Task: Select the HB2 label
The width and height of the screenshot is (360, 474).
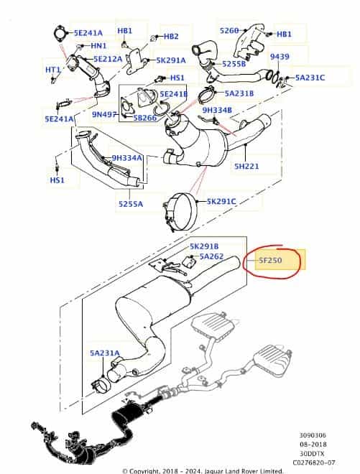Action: click(170, 36)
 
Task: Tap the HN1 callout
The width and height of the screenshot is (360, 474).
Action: click(98, 46)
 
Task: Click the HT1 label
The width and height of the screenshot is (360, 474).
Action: click(53, 70)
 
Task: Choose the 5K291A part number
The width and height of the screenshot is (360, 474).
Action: click(171, 60)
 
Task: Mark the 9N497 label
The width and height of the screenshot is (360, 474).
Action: click(106, 113)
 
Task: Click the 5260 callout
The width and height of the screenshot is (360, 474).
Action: click(229, 31)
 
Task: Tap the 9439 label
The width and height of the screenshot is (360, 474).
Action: click(280, 57)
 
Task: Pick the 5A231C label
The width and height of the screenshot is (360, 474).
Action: click(309, 78)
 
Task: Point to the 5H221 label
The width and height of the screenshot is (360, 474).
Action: click(246, 166)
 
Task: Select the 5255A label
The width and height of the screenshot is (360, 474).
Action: click(130, 204)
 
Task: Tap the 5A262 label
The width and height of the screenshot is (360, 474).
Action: click(211, 256)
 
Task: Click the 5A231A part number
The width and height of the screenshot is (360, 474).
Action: click(105, 353)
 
